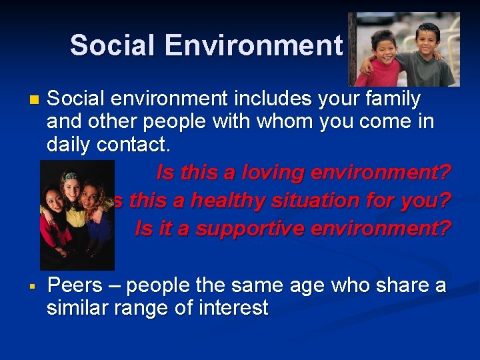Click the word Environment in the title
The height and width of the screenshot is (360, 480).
[x=253, y=45]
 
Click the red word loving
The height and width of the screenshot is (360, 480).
[x=257, y=173]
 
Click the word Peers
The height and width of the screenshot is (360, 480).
[x=75, y=285]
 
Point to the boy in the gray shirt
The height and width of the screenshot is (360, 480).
[x=430, y=53]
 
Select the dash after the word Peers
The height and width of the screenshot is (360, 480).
[x=114, y=285]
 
